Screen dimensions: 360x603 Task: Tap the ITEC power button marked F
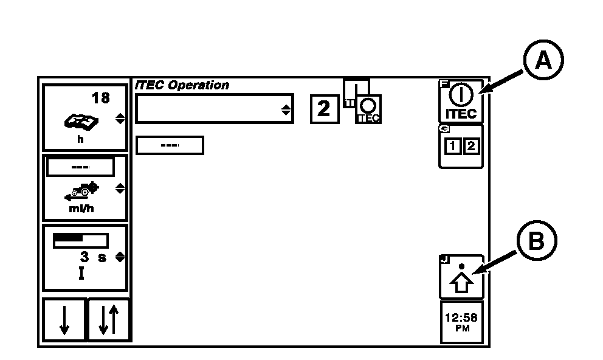[461, 102]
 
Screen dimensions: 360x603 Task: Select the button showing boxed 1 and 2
[461, 147]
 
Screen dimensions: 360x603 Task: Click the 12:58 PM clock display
[461, 322]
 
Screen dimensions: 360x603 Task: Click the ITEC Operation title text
[182, 86]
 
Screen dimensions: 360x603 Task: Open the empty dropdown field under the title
[214, 109]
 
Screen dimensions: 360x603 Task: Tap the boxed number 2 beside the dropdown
[324, 109]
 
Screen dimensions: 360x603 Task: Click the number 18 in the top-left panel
[101, 98]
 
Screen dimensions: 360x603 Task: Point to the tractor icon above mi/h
[80, 190]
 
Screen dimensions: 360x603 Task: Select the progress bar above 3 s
[80, 240]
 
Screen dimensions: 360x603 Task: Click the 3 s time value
[93, 257]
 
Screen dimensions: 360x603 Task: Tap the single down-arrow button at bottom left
[64, 320]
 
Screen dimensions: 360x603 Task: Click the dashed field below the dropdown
[169, 146]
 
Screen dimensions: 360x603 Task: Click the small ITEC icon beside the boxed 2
[368, 109]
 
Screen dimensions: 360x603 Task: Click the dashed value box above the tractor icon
[80, 167]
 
